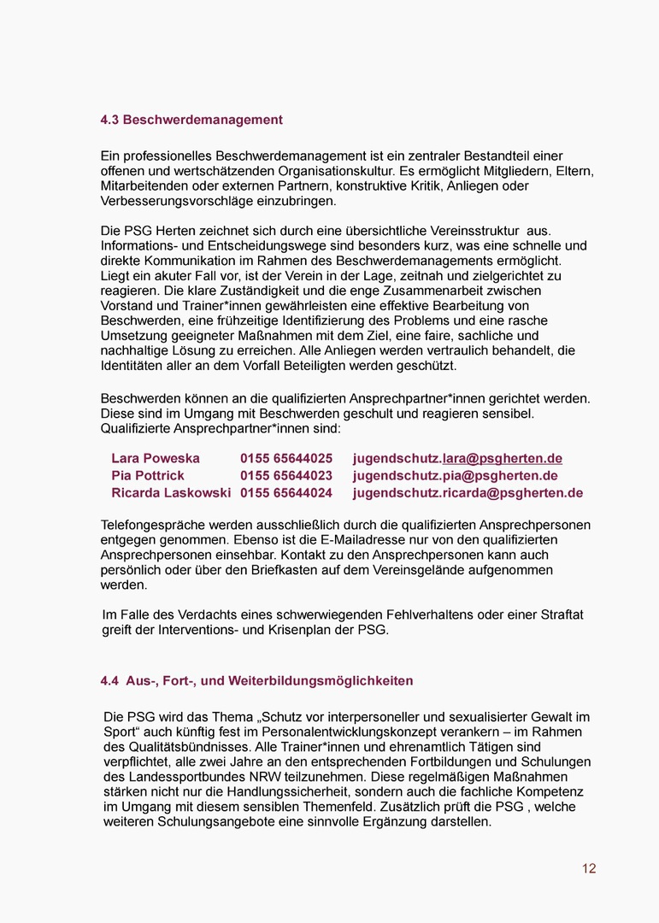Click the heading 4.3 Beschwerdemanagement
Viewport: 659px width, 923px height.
(x=191, y=120)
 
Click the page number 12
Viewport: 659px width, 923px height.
(x=589, y=868)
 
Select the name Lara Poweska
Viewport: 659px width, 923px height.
(x=156, y=458)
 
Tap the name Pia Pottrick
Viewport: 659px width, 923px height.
(x=148, y=475)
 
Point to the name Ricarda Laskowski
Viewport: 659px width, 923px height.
(x=171, y=492)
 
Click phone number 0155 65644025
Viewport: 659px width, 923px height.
(x=286, y=458)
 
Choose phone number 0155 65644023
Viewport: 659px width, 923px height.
(x=286, y=475)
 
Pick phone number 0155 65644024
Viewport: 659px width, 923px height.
(x=286, y=492)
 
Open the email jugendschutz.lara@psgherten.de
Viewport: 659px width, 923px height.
(x=457, y=458)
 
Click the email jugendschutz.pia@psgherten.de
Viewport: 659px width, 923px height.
(x=455, y=475)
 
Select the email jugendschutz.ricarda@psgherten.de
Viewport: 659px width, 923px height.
(x=468, y=492)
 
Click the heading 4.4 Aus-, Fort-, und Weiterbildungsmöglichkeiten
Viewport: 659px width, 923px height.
(x=256, y=681)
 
